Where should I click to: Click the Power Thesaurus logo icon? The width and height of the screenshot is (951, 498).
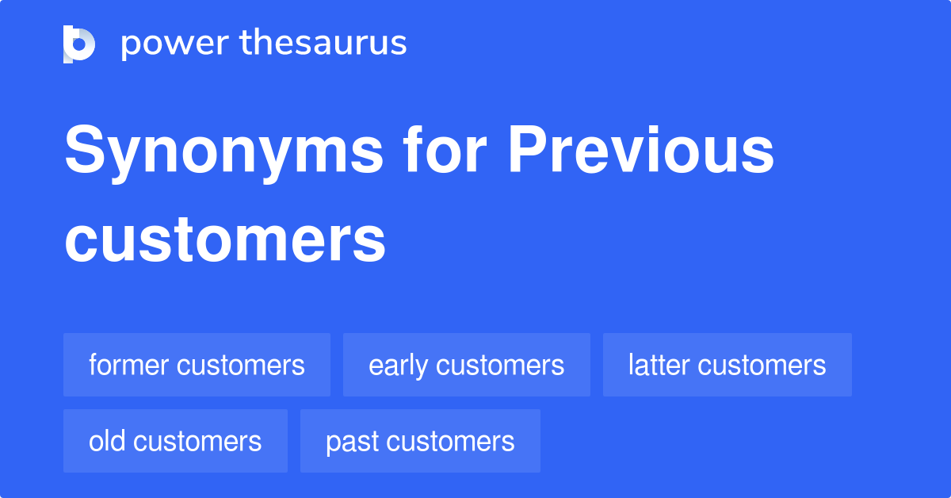pos(79,44)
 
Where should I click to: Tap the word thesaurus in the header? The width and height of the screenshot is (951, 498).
pos(323,44)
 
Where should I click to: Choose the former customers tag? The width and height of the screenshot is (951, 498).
pos(197,365)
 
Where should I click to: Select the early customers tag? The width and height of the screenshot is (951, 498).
pos(466,365)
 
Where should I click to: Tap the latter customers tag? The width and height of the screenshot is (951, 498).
pos(727,365)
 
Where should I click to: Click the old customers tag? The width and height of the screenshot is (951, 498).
pos(175,441)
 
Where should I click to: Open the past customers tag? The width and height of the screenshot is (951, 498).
pos(420,441)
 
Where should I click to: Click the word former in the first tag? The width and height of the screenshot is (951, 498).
pos(128,365)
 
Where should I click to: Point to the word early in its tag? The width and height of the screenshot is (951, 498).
pos(398,366)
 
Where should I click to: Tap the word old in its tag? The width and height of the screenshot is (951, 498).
pos(107,441)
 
